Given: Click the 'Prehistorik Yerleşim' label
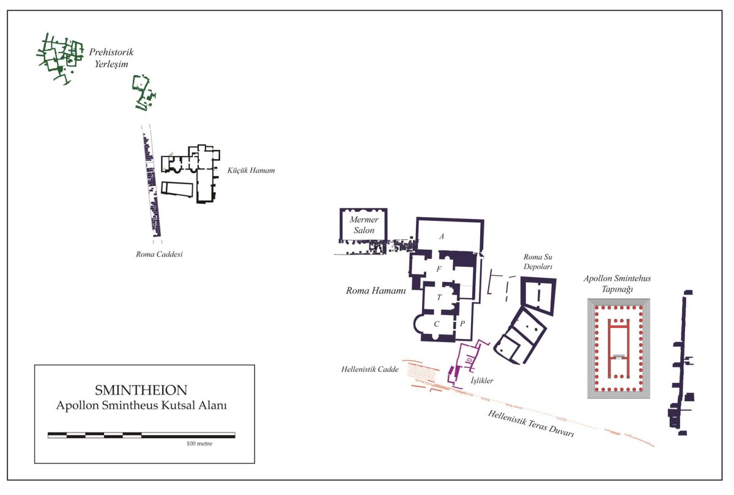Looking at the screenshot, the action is (x=111, y=58).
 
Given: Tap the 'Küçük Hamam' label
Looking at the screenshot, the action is (x=251, y=170).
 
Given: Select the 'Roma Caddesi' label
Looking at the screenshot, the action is (x=159, y=254).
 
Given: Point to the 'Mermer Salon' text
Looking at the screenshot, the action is (x=364, y=225).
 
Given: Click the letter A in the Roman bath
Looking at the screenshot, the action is (x=442, y=236).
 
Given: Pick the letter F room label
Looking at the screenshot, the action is (x=439, y=269).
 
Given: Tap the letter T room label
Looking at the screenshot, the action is (x=439, y=297).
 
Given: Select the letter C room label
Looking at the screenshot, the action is (x=437, y=324).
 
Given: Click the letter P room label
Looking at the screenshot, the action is (x=462, y=324).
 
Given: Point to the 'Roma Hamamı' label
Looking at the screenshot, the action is (x=376, y=291).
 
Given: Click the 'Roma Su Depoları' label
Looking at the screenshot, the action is (x=538, y=262).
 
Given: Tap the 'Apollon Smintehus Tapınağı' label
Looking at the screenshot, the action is (x=617, y=283).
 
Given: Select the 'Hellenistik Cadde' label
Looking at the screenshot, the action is (x=369, y=369).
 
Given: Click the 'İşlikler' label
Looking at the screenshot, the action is (x=482, y=380).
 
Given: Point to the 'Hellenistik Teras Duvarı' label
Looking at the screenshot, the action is (x=531, y=423).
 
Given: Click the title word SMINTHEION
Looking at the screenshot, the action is (x=141, y=390).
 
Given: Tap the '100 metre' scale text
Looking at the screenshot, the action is (x=199, y=444).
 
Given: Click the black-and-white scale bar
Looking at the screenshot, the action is (x=141, y=435).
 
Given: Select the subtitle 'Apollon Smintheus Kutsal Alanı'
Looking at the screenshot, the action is (x=141, y=406).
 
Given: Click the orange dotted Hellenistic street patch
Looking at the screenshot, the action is (x=423, y=372).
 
